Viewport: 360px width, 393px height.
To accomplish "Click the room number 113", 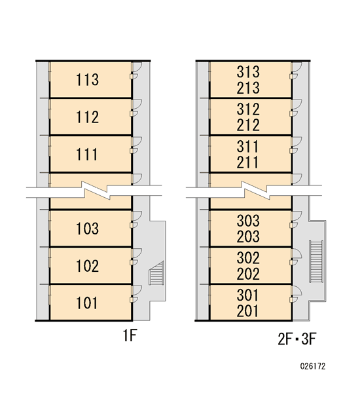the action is coord(88,80).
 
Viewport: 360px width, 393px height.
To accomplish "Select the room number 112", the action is coord(88,117).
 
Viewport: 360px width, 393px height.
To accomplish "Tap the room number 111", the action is coord(86,155).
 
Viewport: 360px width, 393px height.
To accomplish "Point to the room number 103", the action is coord(88,229).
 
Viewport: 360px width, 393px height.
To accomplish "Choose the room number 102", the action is coord(88,266).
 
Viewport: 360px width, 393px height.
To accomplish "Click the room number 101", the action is coord(86,303).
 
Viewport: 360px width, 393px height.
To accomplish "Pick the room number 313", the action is coord(248,71).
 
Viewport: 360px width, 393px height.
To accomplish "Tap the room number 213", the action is coord(248,88).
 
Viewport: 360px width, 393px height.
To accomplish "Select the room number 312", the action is coord(248,109).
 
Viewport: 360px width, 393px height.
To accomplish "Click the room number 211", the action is coord(247,162).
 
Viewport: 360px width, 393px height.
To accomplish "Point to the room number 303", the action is coord(248,220).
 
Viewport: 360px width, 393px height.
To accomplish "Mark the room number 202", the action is coord(248,274).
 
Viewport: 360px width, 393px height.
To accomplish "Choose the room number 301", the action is coord(247,295).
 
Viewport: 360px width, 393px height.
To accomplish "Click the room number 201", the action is coord(247,311).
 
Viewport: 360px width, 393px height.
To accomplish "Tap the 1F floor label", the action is coord(130,335).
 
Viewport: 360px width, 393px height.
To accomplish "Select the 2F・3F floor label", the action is coord(297,339).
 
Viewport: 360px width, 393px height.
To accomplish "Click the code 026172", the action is coord(313,366).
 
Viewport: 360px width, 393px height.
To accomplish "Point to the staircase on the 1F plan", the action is coord(156,273).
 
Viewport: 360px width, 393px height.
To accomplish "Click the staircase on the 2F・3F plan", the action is coord(316,261).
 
